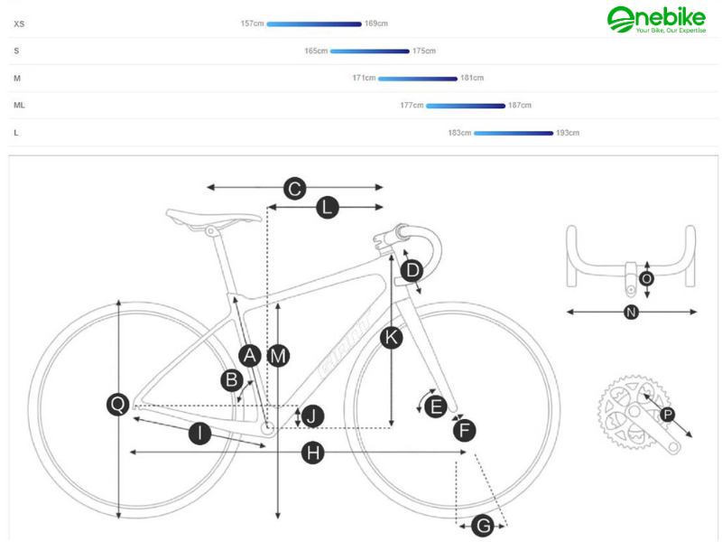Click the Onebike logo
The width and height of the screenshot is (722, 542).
point(655,19)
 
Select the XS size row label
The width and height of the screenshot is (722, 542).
point(19,23)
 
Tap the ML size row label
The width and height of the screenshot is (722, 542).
point(19,106)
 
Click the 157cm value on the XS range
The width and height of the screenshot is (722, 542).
point(252,23)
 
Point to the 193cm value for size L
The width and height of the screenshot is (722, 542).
point(568,133)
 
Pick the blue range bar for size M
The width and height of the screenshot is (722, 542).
point(418,79)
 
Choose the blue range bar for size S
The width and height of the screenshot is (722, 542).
point(370,51)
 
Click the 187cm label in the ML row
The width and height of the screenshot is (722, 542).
point(520,106)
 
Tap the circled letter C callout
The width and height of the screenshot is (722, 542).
point(294,188)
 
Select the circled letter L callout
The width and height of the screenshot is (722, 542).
point(327,208)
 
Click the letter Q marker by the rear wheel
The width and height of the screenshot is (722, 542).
point(118,405)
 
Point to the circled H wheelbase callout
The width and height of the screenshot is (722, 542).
point(312,453)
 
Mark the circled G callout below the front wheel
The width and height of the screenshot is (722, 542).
point(483,525)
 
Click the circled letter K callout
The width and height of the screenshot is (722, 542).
point(391,338)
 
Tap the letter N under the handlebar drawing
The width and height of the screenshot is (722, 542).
point(632,313)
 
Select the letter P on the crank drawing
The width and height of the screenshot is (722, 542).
point(667,415)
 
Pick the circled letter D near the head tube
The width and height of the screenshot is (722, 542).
point(412,270)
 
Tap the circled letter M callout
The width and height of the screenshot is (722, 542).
point(278,356)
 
